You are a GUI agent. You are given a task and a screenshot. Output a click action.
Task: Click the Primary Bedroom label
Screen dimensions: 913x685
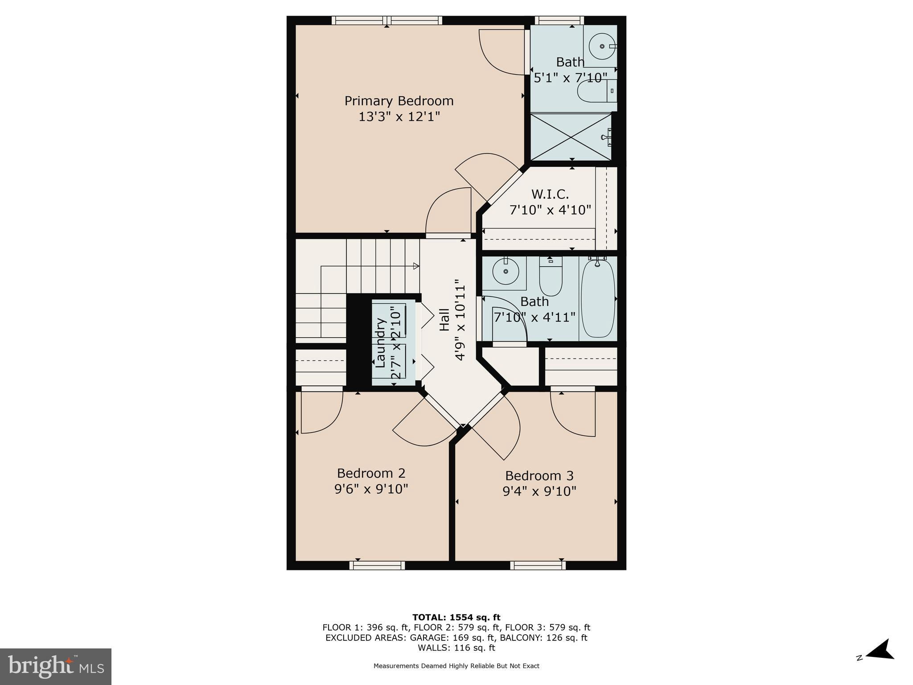click(x=399, y=101)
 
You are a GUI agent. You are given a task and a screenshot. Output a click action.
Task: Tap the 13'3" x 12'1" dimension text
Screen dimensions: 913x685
click(x=399, y=117)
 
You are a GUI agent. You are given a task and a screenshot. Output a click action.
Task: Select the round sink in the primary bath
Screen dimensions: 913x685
click(x=602, y=46)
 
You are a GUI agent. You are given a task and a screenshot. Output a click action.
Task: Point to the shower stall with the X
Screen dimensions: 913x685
click(x=571, y=136)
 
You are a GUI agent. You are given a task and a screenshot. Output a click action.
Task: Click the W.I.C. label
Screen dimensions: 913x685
click(x=550, y=194)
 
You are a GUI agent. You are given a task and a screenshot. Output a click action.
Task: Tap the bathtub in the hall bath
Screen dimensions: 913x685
click(x=598, y=299)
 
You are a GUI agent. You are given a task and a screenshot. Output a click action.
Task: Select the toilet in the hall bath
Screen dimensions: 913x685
click(x=551, y=276)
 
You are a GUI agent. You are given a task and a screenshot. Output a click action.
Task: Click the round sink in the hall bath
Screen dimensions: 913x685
click(x=506, y=271)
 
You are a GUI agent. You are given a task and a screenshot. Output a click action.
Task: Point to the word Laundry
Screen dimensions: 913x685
click(x=380, y=342)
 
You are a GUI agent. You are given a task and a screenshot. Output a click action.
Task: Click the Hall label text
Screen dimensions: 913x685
click(x=445, y=320)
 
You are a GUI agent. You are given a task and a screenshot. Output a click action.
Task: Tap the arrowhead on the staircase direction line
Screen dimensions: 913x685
click(x=416, y=266)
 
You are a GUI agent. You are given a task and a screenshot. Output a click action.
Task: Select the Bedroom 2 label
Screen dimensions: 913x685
click(x=371, y=473)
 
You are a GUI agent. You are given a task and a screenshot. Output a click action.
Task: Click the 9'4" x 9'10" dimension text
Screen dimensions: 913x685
click(x=539, y=491)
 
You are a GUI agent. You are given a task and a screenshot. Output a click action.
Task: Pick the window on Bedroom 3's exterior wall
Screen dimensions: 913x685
click(x=538, y=565)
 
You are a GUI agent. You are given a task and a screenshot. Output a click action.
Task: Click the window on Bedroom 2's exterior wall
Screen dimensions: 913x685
click(x=377, y=565)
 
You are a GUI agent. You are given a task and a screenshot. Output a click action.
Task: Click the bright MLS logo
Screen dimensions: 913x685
click(x=56, y=666)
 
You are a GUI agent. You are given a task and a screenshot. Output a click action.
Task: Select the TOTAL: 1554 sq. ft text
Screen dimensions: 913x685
click(x=456, y=618)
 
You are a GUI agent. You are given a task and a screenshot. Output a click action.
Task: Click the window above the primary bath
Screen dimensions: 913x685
click(x=559, y=20)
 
